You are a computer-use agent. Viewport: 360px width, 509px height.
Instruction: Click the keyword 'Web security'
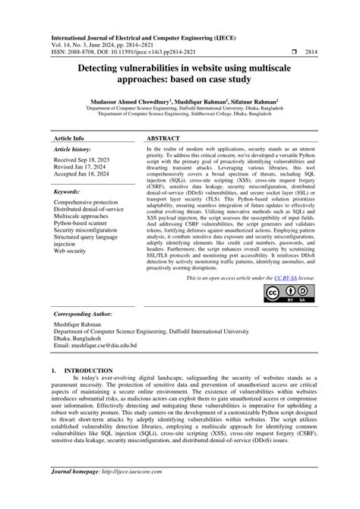click(70, 250)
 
